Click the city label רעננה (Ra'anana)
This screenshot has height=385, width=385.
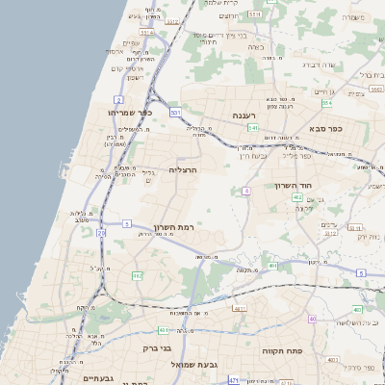point(243,115)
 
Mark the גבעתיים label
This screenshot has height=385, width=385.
point(98,378)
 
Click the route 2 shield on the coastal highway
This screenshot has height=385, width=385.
point(117,99)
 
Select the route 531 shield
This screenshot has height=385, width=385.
point(175,113)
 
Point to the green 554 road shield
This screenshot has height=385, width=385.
point(326,101)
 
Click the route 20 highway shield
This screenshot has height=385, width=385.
point(126,223)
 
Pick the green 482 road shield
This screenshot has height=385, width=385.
point(137,275)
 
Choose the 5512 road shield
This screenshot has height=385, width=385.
point(174,20)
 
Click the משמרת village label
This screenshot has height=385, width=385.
point(355,17)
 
